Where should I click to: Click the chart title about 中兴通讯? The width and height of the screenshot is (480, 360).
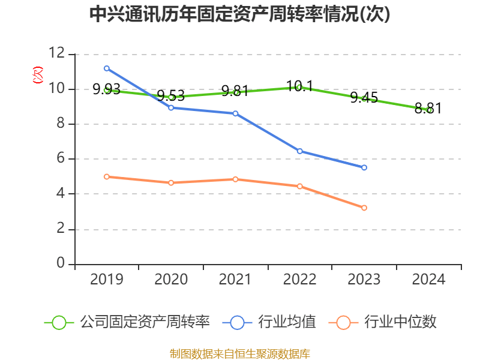click(239, 14)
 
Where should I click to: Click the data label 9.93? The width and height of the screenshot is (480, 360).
click(106, 90)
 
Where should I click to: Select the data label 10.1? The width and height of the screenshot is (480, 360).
click(300, 86)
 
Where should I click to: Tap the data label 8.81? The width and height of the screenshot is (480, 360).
click(428, 109)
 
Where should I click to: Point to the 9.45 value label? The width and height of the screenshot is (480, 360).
click(364, 97)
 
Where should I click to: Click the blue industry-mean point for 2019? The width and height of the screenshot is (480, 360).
click(107, 68)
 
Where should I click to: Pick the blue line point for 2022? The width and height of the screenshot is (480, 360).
click(300, 151)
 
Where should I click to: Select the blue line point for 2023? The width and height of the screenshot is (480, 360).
click(364, 167)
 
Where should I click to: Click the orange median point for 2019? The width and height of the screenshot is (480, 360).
click(107, 177)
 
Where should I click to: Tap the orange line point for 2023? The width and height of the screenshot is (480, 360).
click(364, 208)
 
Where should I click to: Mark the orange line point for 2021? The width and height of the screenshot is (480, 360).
click(235, 179)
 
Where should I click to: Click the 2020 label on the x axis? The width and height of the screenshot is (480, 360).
click(171, 279)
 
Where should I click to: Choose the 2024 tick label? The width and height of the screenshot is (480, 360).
click(428, 279)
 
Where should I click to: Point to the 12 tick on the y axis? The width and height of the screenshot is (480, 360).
click(57, 54)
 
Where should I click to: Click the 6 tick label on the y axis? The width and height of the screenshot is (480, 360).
click(60, 159)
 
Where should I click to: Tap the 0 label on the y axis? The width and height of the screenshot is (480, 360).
click(60, 264)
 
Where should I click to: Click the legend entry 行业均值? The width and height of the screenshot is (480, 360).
click(269, 322)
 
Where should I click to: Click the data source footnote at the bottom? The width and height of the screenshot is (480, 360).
click(239, 353)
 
